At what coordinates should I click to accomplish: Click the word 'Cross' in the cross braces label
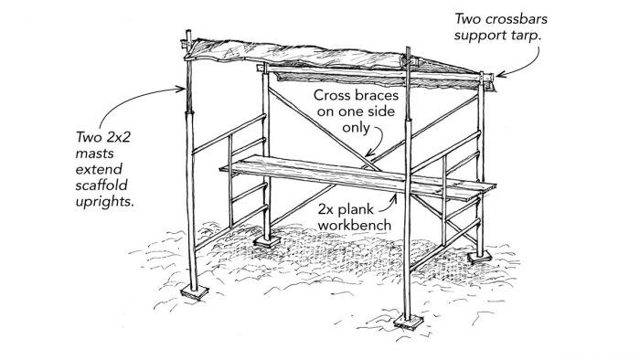point(334,96)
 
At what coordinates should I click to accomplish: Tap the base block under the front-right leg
point(406,323)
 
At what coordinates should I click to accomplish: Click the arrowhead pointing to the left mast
point(181,90)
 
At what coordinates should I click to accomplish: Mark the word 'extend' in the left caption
point(99,168)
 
